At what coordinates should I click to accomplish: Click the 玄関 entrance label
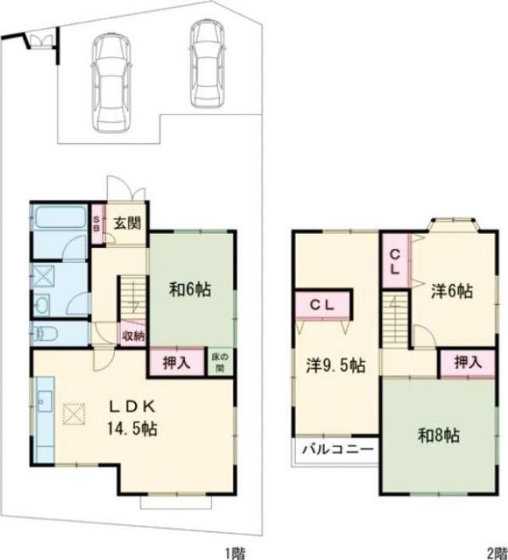click(x=127, y=223)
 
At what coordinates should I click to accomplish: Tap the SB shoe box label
click(x=96, y=223)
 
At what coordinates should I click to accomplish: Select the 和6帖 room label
click(x=190, y=289)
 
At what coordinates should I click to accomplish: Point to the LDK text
click(x=132, y=407)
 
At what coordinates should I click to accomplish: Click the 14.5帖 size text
click(x=132, y=429)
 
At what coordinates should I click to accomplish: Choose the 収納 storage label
click(x=134, y=336)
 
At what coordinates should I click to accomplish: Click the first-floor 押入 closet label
click(x=176, y=363)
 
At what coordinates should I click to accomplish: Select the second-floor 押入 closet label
click(x=468, y=362)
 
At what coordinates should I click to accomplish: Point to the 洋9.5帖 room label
click(x=336, y=366)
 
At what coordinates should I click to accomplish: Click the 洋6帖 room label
click(x=452, y=291)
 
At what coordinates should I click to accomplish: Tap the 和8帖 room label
click(x=438, y=436)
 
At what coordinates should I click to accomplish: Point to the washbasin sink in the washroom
click(x=43, y=306)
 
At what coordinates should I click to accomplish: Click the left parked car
click(x=110, y=83)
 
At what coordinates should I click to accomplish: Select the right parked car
click(x=207, y=63)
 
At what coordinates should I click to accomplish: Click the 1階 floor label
click(x=235, y=554)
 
